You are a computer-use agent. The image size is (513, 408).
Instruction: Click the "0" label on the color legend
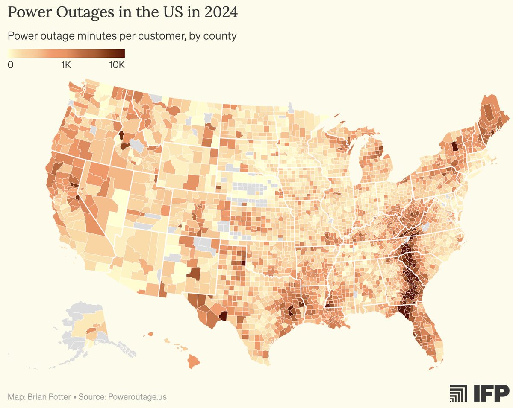10,65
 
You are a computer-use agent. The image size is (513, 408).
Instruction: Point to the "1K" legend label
66,65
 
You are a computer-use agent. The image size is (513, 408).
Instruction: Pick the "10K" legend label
116,65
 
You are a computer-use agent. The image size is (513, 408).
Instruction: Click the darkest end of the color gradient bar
122,53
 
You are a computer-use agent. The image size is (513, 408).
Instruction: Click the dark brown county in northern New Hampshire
454,147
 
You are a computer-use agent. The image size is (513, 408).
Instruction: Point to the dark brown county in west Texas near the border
223,316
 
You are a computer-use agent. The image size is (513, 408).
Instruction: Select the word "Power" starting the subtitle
22,36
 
